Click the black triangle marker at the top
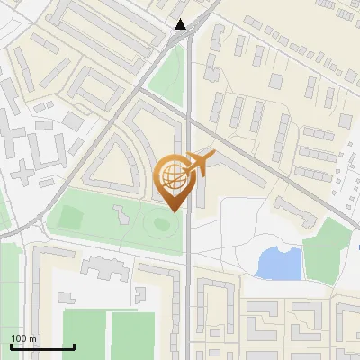[181, 24]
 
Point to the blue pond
[278, 263]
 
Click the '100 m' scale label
[24, 338]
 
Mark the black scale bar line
[42, 346]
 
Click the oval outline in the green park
[162, 222]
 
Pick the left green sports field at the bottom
[84, 335]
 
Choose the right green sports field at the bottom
[133, 335]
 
